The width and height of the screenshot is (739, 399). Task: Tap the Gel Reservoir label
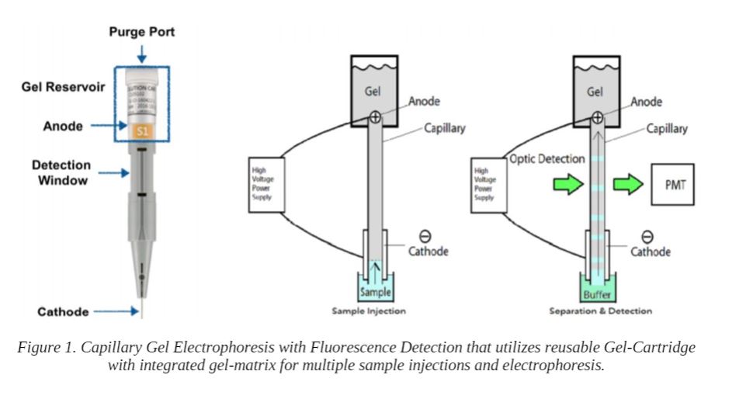coord(63,87)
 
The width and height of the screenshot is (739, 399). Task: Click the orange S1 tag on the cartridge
coord(142,131)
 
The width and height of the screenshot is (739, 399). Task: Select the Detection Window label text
coord(61,172)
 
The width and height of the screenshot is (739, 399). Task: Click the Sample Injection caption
coord(369,311)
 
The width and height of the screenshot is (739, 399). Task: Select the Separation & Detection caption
coord(600,311)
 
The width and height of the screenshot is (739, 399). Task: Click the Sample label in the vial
coord(375,293)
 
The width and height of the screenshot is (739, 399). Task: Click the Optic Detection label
coord(546,158)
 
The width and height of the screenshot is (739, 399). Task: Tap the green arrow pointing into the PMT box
coord(628,186)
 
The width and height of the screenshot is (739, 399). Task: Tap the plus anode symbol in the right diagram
coord(596,117)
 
